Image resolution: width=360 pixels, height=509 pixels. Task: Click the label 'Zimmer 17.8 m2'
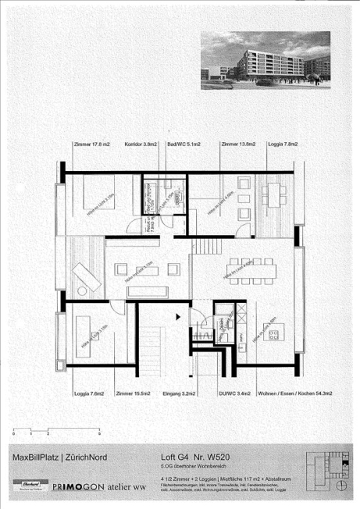point(90,144)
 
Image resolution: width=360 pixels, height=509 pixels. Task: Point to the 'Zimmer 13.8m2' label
point(239,144)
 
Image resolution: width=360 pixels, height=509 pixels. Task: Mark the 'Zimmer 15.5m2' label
point(133,393)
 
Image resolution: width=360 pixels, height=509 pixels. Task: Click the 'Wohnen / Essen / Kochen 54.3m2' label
point(290,393)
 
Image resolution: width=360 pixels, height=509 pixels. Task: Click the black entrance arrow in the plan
point(179,316)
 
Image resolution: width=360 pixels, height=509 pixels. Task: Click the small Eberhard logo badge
point(27,486)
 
